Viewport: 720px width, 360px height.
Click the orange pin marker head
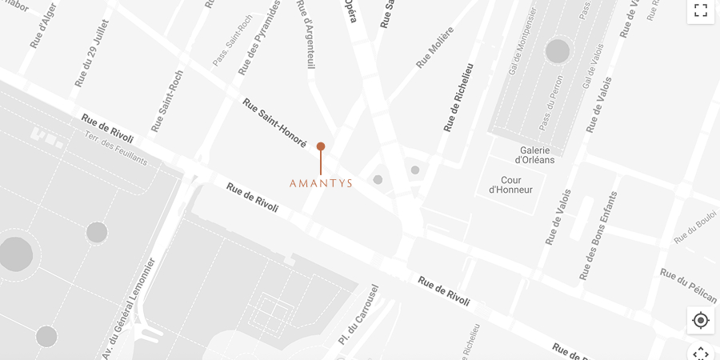pyautogui.click(x=321, y=146)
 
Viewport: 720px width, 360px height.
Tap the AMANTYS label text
pyautogui.click(x=321, y=183)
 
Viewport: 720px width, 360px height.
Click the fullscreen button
pyautogui.click(x=701, y=10)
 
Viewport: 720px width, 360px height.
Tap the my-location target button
pyautogui.click(x=701, y=321)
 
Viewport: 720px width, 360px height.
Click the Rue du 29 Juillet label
pyautogui.click(x=92, y=53)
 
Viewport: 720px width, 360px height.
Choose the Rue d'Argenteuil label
pyautogui.click(x=306, y=34)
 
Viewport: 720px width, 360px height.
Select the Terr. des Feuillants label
pyautogui.click(x=116, y=148)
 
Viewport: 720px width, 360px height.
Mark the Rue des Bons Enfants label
pyautogui.click(x=598, y=236)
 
